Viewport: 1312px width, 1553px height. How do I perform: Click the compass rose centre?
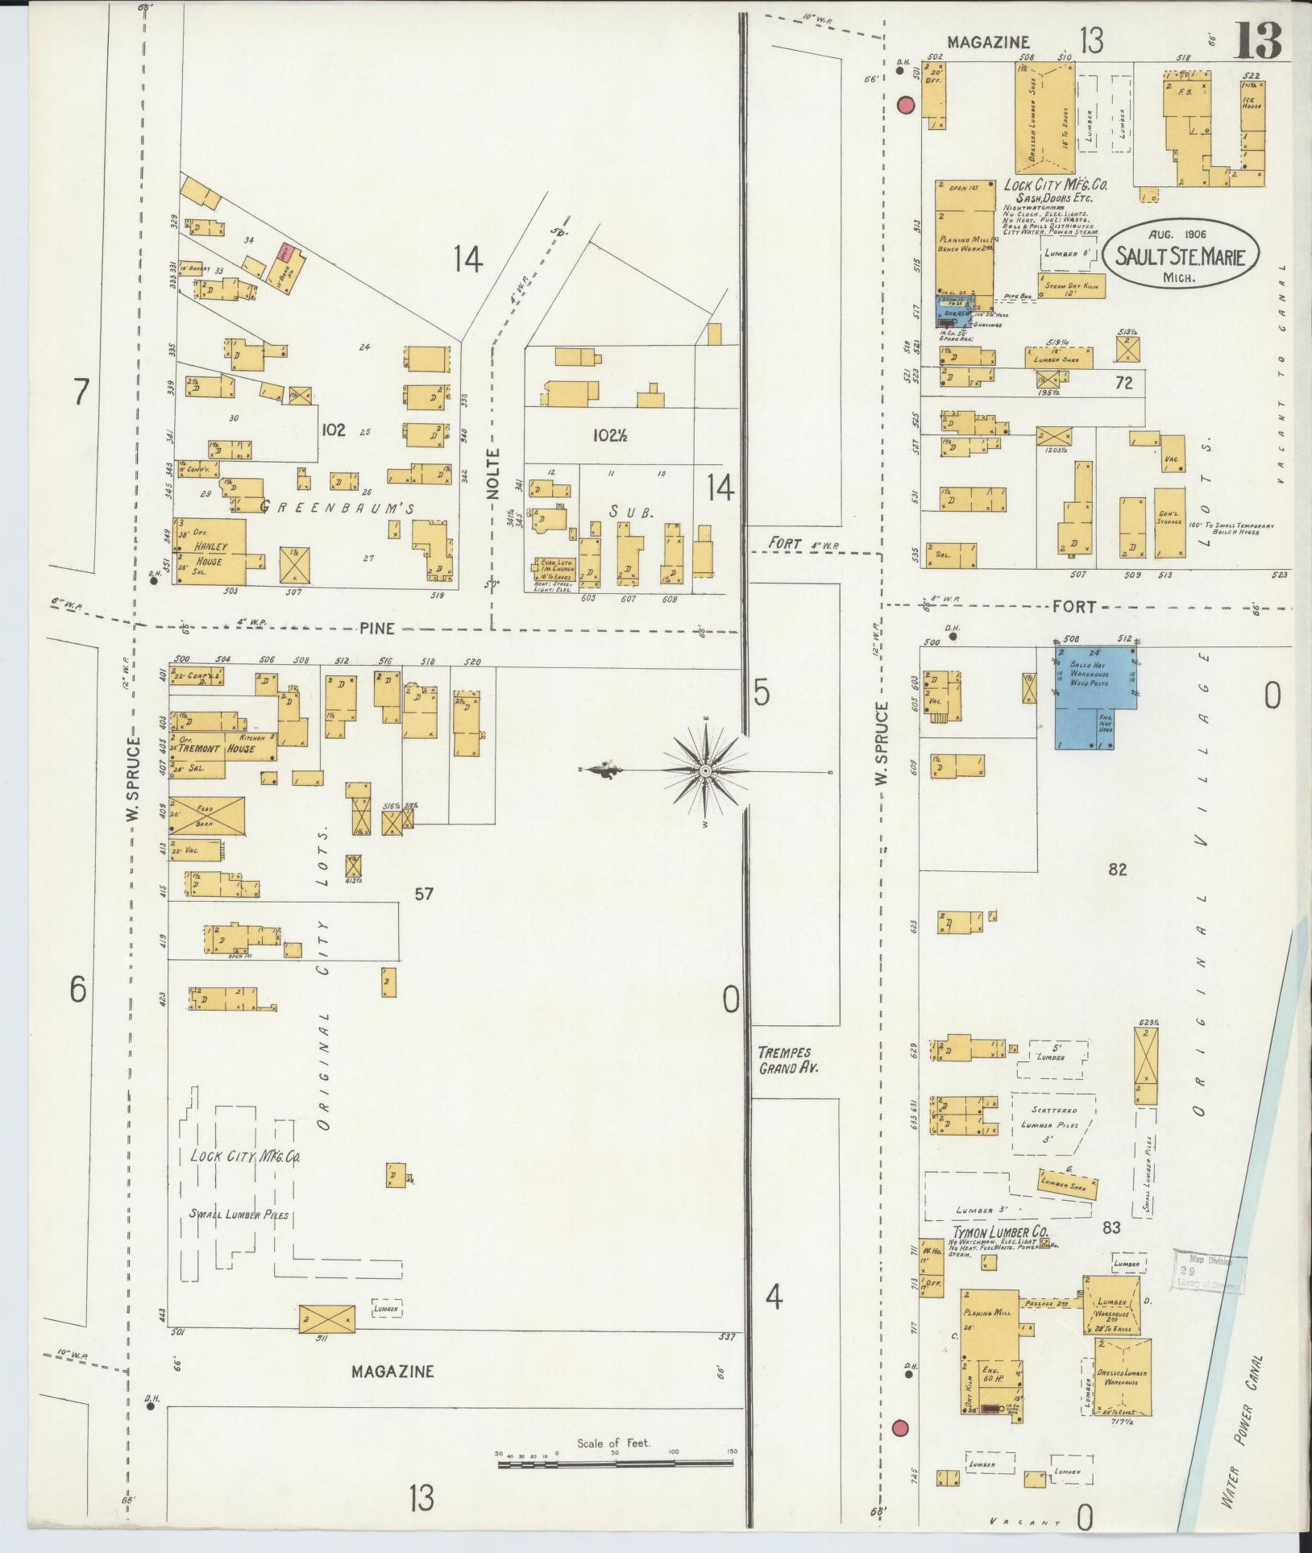pyautogui.click(x=706, y=771)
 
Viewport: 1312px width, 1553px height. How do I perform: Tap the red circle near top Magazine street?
pyautogui.click(x=906, y=106)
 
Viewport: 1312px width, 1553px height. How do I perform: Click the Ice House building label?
pyautogui.click(x=1252, y=102)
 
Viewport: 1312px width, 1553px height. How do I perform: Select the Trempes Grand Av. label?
pyautogui.click(x=783, y=1061)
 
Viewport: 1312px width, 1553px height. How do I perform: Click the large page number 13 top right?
pyautogui.click(x=1258, y=40)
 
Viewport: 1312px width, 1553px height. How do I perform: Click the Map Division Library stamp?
pyautogui.click(x=1207, y=1273)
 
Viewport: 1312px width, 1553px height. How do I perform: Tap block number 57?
pyautogui.click(x=424, y=893)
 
